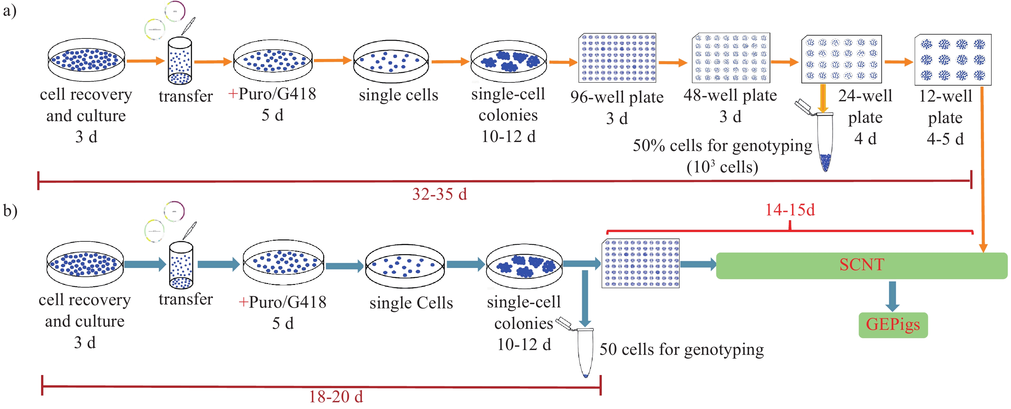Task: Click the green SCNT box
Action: click(x=861, y=265)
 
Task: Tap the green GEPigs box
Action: click(x=893, y=325)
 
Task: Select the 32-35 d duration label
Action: click(x=440, y=194)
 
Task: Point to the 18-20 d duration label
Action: click(x=336, y=397)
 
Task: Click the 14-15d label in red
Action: click(x=790, y=210)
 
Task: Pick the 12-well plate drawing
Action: click(x=953, y=60)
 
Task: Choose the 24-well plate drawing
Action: click(x=842, y=59)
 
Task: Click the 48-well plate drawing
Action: click(x=730, y=58)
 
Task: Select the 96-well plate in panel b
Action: click(x=641, y=263)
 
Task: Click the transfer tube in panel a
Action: click(x=180, y=61)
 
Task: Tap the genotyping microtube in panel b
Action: click(x=585, y=353)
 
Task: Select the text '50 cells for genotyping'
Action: click(x=681, y=349)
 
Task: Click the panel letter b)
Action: click(x=10, y=211)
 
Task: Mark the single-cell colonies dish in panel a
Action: click(x=508, y=62)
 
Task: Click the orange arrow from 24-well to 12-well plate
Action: click(x=899, y=62)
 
